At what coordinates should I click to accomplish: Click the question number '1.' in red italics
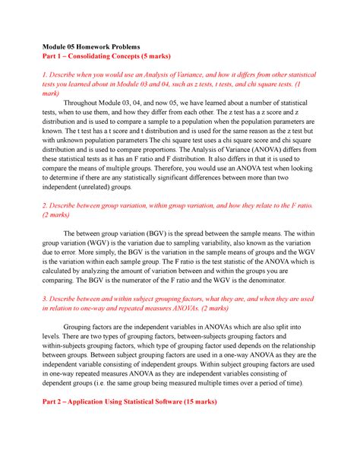pyautogui.click(x=45, y=77)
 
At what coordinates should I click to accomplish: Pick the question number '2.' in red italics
pyautogui.click(x=45, y=205)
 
